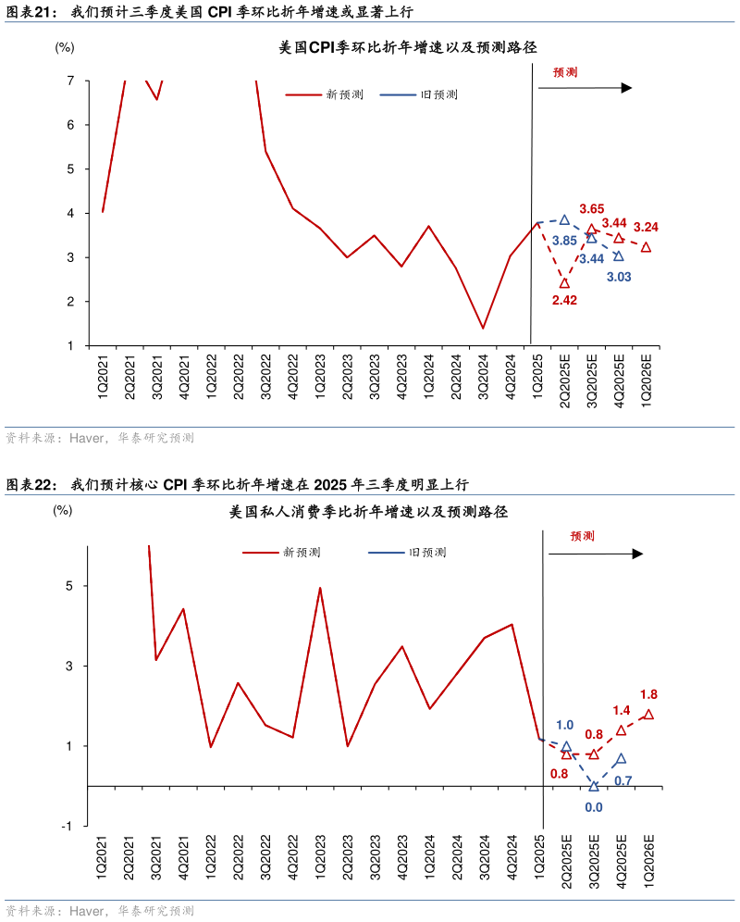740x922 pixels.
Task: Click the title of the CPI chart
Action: coord(408,47)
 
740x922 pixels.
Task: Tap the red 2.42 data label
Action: coord(564,300)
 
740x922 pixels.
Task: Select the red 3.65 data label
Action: coord(591,209)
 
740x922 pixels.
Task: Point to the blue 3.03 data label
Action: coord(619,277)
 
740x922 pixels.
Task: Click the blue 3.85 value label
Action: coord(564,241)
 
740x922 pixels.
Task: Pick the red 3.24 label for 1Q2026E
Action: coord(646,227)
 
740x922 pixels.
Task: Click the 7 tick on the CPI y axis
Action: coord(70,81)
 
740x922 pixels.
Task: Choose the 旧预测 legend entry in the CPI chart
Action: coord(420,94)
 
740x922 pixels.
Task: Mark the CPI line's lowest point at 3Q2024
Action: coord(483,328)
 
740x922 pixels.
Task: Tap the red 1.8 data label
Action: coord(648,694)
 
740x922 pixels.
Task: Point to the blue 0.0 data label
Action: coord(593,806)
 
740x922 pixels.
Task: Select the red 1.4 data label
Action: coord(621,710)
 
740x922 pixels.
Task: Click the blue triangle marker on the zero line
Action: coord(594,786)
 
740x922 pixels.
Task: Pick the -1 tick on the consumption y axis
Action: coord(67,826)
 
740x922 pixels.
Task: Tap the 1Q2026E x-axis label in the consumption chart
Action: coord(648,860)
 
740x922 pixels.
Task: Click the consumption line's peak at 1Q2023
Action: coord(320,588)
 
